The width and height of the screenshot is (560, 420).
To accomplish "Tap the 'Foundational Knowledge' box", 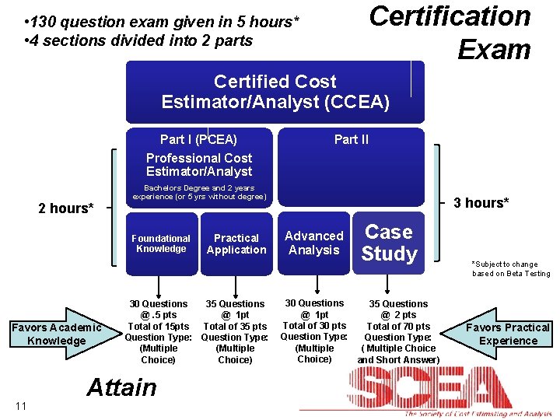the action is pyautogui.click(x=160, y=244).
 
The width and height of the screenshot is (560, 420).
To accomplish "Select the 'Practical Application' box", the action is pyautogui.click(x=236, y=244).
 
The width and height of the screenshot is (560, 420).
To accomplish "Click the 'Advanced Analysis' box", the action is pyautogui.click(x=314, y=243).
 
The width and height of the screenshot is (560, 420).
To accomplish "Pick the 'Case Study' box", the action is pyautogui.click(x=390, y=243).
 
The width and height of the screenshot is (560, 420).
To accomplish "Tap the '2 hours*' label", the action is pyautogui.click(x=66, y=208).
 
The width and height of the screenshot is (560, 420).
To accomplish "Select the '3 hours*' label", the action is pyautogui.click(x=481, y=203).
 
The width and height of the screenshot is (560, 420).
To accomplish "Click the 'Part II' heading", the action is pyautogui.click(x=352, y=139).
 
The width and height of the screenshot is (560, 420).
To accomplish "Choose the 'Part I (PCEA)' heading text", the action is pyautogui.click(x=198, y=139).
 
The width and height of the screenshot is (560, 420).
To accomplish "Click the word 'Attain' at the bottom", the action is pyautogui.click(x=121, y=387).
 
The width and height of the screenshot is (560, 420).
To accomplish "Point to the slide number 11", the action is pyautogui.click(x=20, y=405).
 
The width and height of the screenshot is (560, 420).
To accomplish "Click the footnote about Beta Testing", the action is pyautogui.click(x=510, y=268).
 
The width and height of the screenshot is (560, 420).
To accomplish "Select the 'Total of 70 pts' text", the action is pyautogui.click(x=398, y=327).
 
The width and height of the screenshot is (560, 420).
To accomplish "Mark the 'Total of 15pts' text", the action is pyautogui.click(x=158, y=327).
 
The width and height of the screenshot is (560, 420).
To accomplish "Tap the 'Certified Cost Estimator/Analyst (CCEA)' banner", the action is pyautogui.click(x=275, y=91).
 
